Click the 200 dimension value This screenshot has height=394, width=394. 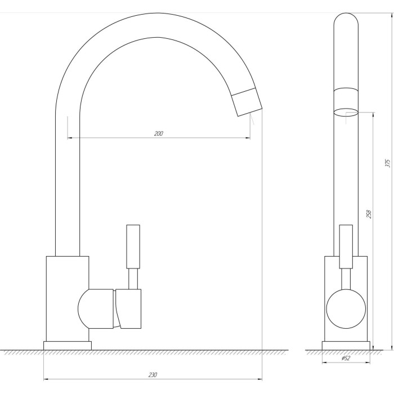tap(158, 133)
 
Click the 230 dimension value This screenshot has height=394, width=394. tap(153, 375)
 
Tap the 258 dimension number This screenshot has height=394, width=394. tap(369, 214)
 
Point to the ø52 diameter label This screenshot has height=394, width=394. tap(346, 359)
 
